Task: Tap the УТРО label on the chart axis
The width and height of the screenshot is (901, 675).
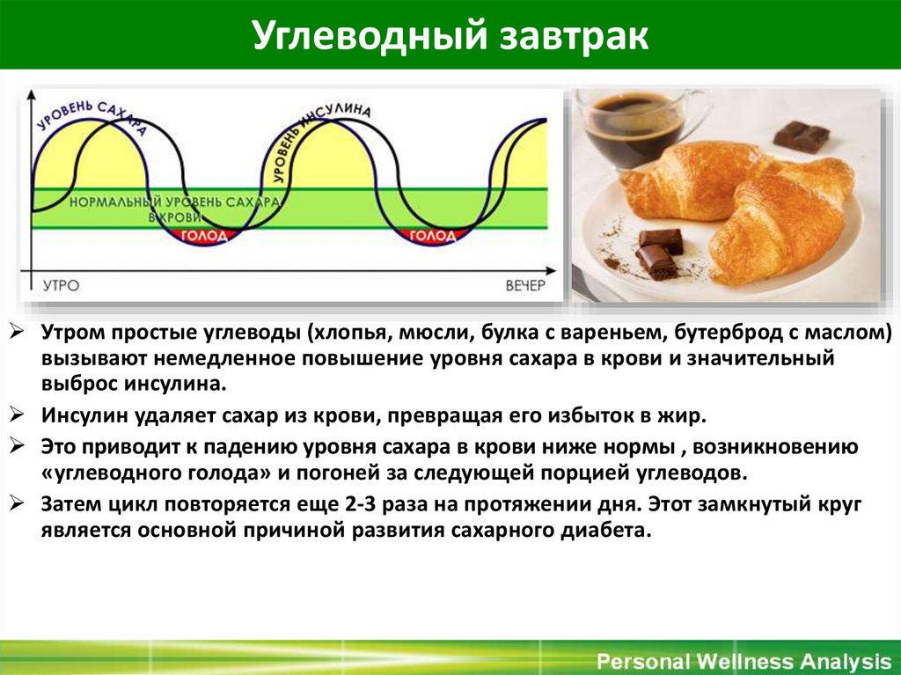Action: pyautogui.click(x=61, y=286)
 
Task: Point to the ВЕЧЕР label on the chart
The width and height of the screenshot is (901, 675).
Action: pyautogui.click(x=525, y=286)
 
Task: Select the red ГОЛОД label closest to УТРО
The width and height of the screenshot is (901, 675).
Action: pyautogui.click(x=203, y=236)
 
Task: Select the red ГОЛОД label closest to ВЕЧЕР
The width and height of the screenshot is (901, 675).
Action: pyautogui.click(x=433, y=236)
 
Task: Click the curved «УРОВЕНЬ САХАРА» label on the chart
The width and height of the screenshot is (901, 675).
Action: pyautogui.click(x=88, y=113)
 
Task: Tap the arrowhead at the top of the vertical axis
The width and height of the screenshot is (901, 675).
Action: pyautogui.click(x=33, y=92)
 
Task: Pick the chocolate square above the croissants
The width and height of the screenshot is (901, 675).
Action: pyautogui.click(x=801, y=136)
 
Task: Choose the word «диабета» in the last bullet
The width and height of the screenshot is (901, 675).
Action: pyautogui.click(x=612, y=532)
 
